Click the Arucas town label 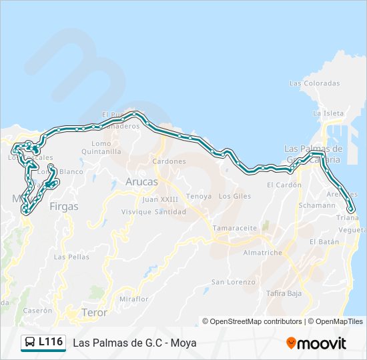(142, 181)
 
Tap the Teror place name (93, 312)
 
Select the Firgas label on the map (64, 207)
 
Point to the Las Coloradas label (314, 83)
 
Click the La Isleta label (332, 113)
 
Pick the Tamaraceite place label (234, 228)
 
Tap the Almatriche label (262, 253)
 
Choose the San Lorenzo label (233, 282)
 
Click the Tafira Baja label (284, 293)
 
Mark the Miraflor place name (133, 299)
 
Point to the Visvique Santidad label (153, 211)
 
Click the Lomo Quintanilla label (101, 147)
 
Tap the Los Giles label (234, 196)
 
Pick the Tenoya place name (198, 196)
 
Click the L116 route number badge (51, 342)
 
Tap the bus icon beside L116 (29, 343)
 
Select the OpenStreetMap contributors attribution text (256, 321)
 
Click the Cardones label (169, 161)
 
